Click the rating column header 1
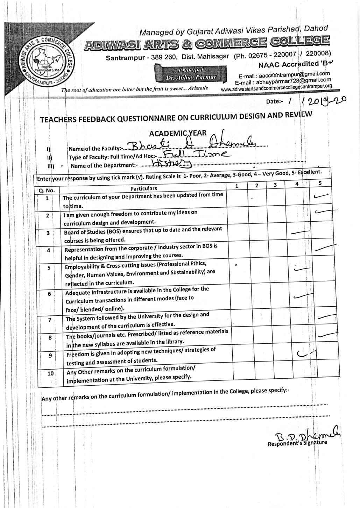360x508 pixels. (x=237, y=186)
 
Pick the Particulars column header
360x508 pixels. (x=143, y=188)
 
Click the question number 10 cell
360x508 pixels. (x=50, y=373)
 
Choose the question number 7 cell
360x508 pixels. (x=50, y=320)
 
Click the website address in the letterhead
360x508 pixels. (x=276, y=88)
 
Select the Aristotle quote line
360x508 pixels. (x=135, y=89)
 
